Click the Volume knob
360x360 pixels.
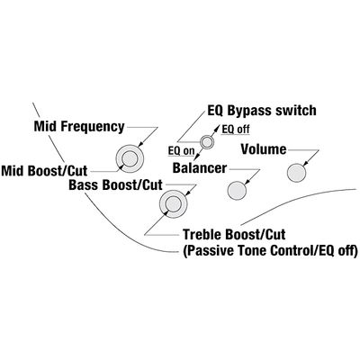[x=296, y=173]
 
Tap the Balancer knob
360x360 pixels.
[x=237, y=191]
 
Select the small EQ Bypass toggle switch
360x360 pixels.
[x=207, y=141]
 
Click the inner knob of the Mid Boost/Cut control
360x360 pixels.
[x=130, y=158]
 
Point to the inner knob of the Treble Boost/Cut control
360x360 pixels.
[x=173, y=204]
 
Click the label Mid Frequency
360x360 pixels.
[x=79, y=127]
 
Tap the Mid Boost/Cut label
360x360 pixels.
[x=44, y=171]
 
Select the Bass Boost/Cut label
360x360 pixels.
[x=115, y=184]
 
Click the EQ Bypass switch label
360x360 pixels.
[x=262, y=111]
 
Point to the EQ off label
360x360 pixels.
[x=236, y=130]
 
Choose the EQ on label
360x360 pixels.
[x=182, y=150]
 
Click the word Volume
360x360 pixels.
[x=264, y=149]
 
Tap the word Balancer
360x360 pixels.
[x=200, y=168]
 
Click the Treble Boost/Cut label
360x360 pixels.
[x=234, y=234]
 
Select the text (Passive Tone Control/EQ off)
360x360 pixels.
[x=270, y=250]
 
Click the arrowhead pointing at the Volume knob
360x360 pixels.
[x=306, y=164]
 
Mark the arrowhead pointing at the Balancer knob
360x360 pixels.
[x=247, y=183]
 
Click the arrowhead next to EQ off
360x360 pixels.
[x=216, y=128]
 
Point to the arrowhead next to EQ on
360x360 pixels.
[x=197, y=157]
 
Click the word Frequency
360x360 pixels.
[x=93, y=127]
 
